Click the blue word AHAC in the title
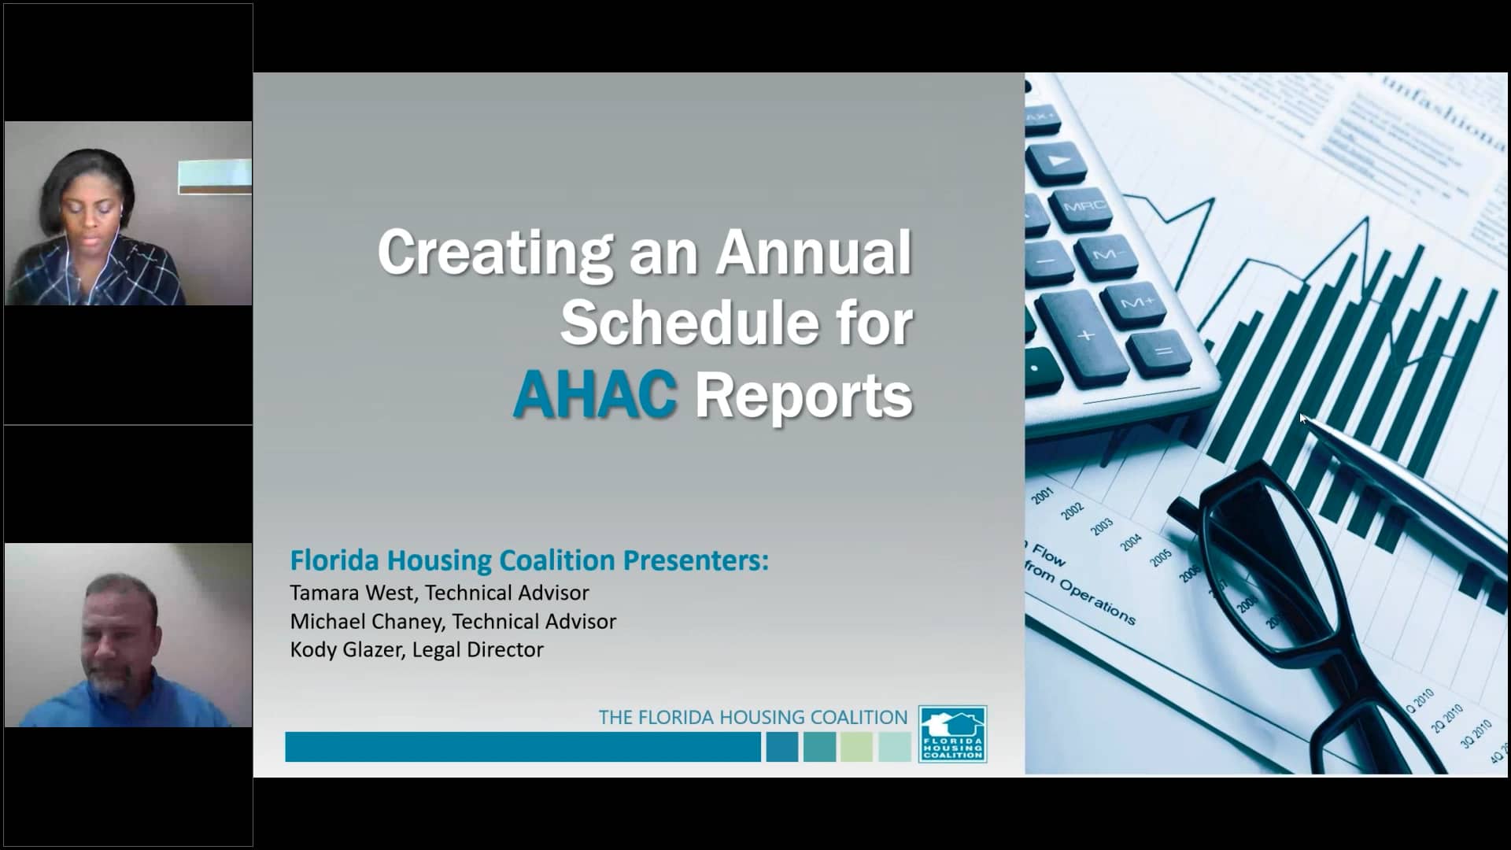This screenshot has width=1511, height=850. click(x=595, y=394)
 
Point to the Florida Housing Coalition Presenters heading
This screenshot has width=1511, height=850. click(x=529, y=560)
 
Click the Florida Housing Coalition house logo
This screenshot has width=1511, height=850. click(x=952, y=734)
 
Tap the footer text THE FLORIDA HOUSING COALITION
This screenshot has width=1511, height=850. click(x=752, y=717)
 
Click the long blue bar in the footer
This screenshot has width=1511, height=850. click(x=523, y=747)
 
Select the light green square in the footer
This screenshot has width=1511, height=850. click(x=856, y=747)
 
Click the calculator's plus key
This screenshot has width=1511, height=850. click(x=1086, y=334)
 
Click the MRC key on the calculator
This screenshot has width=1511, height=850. click(x=1084, y=206)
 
